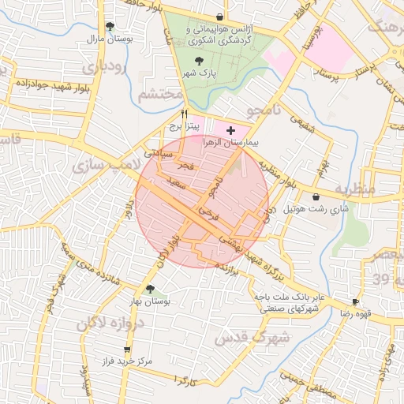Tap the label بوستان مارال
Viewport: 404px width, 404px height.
[110, 38]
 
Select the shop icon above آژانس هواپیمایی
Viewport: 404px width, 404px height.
[219, 17]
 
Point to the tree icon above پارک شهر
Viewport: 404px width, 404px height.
[197, 60]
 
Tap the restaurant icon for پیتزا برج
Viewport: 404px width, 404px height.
[184, 114]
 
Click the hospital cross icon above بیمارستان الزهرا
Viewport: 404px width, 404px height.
[230, 130]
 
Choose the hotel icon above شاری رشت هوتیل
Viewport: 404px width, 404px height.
[316, 197]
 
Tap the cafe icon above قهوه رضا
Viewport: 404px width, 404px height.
[355, 301]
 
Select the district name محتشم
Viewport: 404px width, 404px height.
[160, 95]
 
